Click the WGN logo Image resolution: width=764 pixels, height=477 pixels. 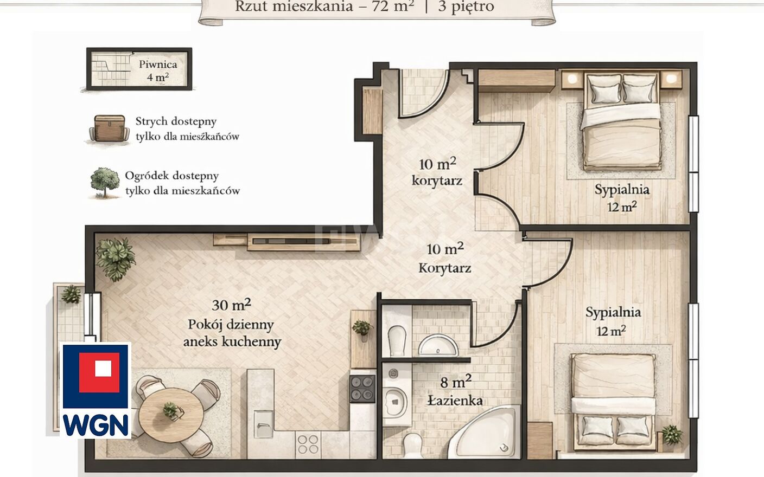coord(95,390)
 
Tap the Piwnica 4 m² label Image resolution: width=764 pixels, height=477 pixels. coord(158,71)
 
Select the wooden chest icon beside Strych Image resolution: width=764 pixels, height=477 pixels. coord(109,128)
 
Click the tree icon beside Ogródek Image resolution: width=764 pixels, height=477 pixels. coord(105,183)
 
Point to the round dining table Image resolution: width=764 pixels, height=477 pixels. coord(171,413)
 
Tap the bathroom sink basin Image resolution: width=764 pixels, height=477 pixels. coord(438,345)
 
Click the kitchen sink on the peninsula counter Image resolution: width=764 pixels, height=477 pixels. coord(263,424)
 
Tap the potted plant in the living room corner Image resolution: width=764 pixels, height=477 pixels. coord(115,258)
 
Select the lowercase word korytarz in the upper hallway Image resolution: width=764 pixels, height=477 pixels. coord(437,181)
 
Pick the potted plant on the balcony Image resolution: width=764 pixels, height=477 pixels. coord(71,294)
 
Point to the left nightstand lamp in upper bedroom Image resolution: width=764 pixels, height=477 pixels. coord(572,79)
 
